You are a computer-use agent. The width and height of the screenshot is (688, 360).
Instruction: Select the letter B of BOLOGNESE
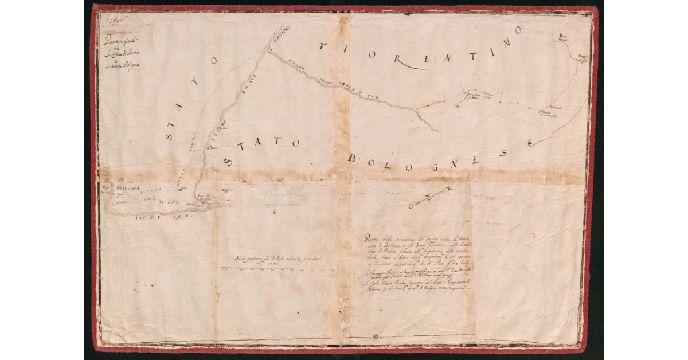coord(353,157)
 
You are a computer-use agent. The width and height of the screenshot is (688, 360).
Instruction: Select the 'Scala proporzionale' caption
coord(280,261)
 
